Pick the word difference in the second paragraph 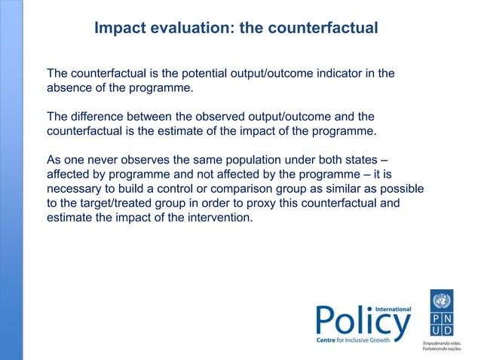coord(98,117)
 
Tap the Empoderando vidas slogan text coord(440,342)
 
